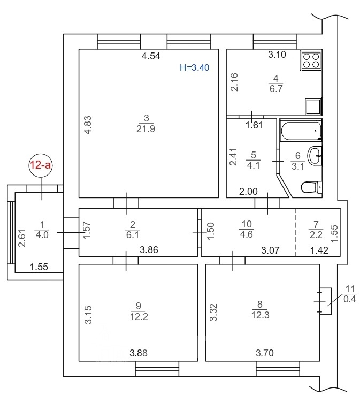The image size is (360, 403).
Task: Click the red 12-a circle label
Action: [x=41, y=165]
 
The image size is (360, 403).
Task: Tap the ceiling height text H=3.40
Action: [x=195, y=67]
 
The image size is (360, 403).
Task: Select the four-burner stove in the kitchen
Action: [x=311, y=60]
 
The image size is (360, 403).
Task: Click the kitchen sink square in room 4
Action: [x=313, y=107]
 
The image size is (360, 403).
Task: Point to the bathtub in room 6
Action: [x=301, y=131]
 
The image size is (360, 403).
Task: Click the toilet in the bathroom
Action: [x=311, y=188]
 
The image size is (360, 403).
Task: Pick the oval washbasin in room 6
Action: [x=315, y=156]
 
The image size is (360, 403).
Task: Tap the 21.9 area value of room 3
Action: [x=145, y=128]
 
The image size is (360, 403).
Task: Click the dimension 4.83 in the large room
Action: [x=88, y=125]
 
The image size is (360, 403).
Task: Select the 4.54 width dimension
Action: [x=151, y=56]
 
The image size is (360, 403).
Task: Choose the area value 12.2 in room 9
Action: [x=139, y=316]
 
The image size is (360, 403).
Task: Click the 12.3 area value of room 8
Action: [x=261, y=315]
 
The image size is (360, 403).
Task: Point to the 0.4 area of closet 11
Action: [x=350, y=299]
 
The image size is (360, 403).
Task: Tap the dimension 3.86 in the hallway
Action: [x=149, y=250]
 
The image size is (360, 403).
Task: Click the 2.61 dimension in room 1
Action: [x=22, y=238]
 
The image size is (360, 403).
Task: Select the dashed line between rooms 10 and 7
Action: [x=296, y=232]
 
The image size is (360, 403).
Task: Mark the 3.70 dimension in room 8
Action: [x=265, y=353]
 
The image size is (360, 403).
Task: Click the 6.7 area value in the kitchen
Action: [x=276, y=88]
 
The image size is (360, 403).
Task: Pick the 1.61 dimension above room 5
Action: [x=254, y=125]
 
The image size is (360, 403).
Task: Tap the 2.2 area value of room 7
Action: [x=316, y=235]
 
